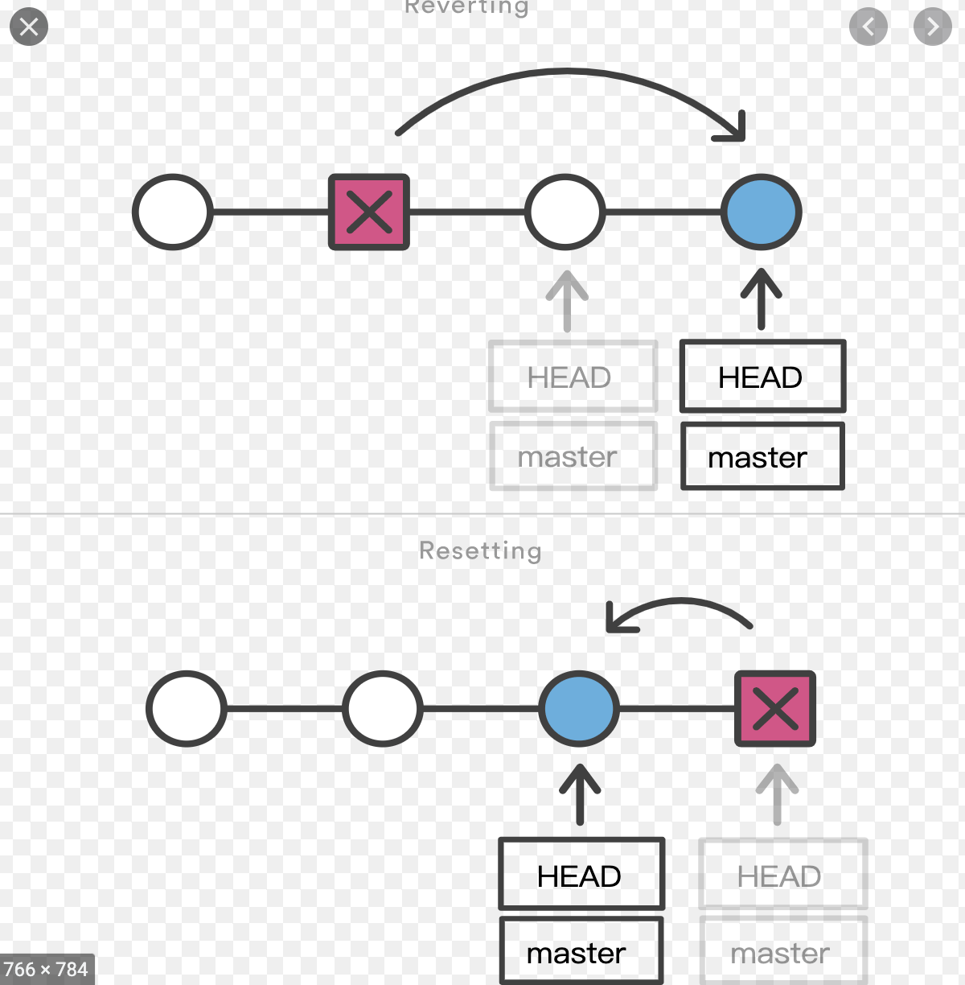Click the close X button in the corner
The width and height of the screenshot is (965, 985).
coord(29,27)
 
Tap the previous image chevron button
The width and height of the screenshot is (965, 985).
coord(868,27)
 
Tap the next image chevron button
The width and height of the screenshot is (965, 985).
coord(932,27)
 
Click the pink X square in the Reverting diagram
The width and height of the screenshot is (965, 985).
coord(369,212)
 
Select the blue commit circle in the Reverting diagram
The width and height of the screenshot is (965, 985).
coord(761,212)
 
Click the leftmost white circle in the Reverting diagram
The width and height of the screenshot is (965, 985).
coord(173,212)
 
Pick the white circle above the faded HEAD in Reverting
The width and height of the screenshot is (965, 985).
coord(565,212)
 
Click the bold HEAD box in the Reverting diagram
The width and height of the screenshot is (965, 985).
coord(762,377)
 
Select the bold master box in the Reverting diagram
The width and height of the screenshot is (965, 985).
coord(762,456)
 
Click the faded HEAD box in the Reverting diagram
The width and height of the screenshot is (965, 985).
coord(573,377)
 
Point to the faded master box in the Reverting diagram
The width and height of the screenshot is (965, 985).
coord(573,456)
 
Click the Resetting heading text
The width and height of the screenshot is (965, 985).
coord(480,550)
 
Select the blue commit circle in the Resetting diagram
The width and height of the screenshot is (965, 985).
coord(579,708)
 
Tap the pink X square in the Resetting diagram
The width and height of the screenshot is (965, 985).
coord(775,708)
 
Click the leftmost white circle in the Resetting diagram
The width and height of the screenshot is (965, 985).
coord(187,708)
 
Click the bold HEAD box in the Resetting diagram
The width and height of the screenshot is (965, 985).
coord(581,875)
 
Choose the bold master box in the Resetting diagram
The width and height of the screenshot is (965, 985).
coord(581,953)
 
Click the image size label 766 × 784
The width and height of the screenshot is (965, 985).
coord(46,969)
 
